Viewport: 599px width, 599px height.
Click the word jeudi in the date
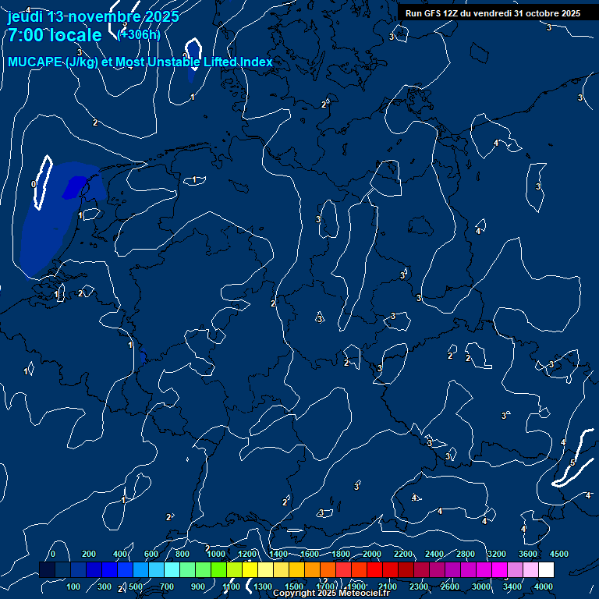click(25, 16)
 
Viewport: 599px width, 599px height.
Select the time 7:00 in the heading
click(24, 35)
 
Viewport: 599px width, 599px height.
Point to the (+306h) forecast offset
click(140, 34)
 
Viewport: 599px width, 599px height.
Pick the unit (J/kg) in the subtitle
click(82, 62)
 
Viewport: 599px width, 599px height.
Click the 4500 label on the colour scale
click(559, 554)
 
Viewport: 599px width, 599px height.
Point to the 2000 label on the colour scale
click(372, 554)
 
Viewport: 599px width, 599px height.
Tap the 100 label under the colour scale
click(74, 587)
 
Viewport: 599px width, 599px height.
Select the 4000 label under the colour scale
click(544, 587)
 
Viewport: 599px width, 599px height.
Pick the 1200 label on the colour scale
click(247, 554)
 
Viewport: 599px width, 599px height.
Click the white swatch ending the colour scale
click(546, 570)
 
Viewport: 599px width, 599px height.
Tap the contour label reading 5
click(572, 463)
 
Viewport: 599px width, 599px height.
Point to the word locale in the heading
click(75, 35)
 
